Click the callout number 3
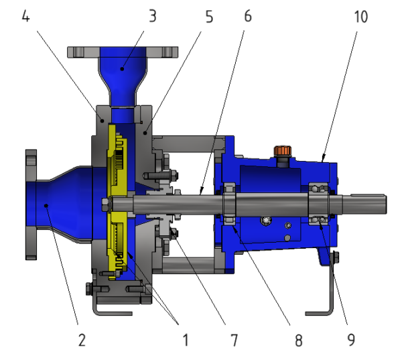tap(153, 16)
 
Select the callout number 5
tap(210, 16)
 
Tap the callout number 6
tap(248, 16)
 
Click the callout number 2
tap(82, 341)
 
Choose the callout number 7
tap(234, 341)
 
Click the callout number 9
tap(352, 341)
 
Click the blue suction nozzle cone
tap(64, 204)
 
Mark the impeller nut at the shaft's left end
tap(105, 204)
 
